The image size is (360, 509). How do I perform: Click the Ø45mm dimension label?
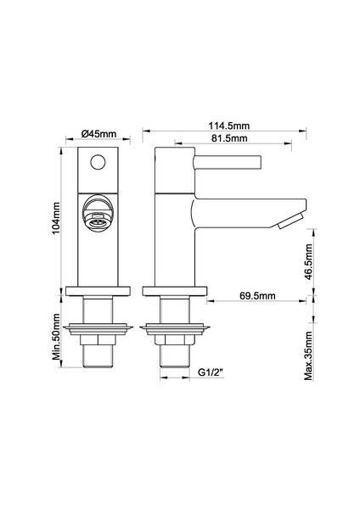(98, 133)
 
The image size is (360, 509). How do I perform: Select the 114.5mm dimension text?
(229, 126)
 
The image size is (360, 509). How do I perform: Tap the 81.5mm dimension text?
(229, 138)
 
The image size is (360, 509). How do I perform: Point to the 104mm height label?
(57, 218)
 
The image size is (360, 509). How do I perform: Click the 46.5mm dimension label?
(308, 262)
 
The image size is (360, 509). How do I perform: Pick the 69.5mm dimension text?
(257, 296)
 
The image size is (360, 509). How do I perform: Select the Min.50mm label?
(57, 337)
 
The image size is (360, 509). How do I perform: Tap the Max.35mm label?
(308, 355)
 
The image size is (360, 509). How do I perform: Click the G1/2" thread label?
(211, 372)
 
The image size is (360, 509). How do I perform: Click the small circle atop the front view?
(98, 162)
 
